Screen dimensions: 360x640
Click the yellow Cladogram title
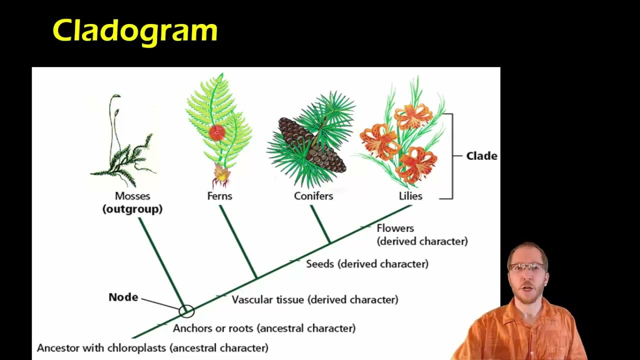[135, 31]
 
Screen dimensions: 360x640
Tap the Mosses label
[132, 196]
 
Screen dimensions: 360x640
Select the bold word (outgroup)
[132, 209]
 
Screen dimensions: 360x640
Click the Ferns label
[219, 196]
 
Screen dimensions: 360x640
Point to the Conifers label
[313, 196]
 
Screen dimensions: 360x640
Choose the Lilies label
[410, 196]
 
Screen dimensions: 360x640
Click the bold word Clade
[481, 156]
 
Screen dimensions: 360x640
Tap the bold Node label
[123, 297]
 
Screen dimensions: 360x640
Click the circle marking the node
[186, 311]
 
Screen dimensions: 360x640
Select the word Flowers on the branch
[395, 228]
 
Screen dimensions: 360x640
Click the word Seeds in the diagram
[320, 263]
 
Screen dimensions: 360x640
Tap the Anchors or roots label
[213, 328]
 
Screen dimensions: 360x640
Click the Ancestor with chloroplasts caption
[152, 347]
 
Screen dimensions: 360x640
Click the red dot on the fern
[217, 132]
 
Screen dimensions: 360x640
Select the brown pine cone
[310, 145]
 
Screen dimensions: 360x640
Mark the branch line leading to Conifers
[320, 224]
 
